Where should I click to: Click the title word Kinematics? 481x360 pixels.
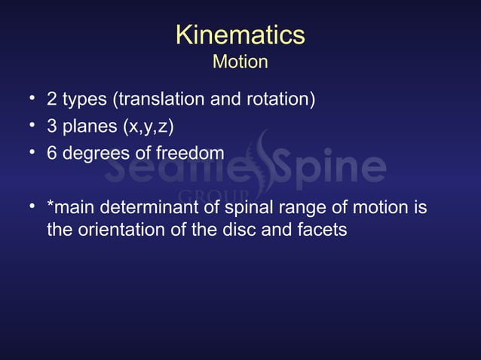(240, 34)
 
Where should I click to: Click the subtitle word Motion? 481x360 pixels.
(240, 61)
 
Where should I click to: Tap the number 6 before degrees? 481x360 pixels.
(52, 153)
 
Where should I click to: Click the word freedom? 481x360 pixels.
(189, 153)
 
